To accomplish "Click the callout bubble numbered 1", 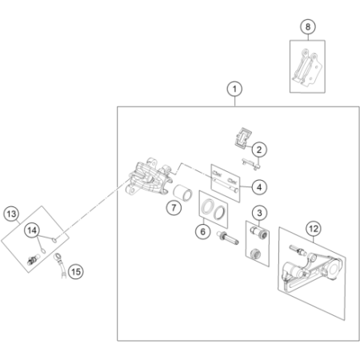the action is pos(234,89).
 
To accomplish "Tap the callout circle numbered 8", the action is pos(308,26).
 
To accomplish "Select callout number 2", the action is pos(259,150).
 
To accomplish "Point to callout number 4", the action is pos(259,187).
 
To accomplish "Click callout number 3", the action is pos(259,213).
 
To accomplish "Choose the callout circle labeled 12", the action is pos(314,229).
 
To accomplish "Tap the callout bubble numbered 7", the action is pos(174,207).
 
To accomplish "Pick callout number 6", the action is pos(203,231).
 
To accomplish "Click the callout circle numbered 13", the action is pos(11,214).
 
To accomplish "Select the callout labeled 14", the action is pos(32,230).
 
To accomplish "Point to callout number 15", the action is pos(76,272).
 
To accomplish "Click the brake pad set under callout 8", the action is pos(307,67).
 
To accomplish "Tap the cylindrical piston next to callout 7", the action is pos(182,193).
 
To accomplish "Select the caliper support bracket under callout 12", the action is pos(310,272).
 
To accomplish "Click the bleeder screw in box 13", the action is pos(34,259).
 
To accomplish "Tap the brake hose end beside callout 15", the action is pos(60,266).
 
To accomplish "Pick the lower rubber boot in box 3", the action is pos(256,254).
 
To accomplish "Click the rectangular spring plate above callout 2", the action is pos(243,138).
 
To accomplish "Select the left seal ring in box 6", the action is pos(207,206).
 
